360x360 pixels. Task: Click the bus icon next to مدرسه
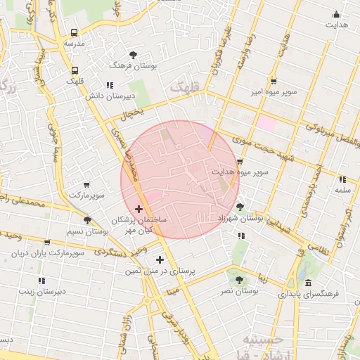coord(75,33)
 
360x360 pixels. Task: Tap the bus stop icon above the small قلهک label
coord(75,70)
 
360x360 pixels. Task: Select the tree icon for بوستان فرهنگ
coord(134,54)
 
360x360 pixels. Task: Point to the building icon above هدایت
coord(336,14)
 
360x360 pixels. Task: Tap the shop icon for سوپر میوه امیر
coord(273,82)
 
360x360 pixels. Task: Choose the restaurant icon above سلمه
coord(342,179)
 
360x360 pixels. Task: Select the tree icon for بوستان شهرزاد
coord(240,207)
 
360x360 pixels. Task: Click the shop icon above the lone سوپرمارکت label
coord(86,184)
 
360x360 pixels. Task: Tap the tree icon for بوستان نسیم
coord(87,221)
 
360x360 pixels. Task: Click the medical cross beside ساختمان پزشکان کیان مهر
coord(139,209)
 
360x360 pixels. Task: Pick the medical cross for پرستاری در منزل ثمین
coord(160,259)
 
